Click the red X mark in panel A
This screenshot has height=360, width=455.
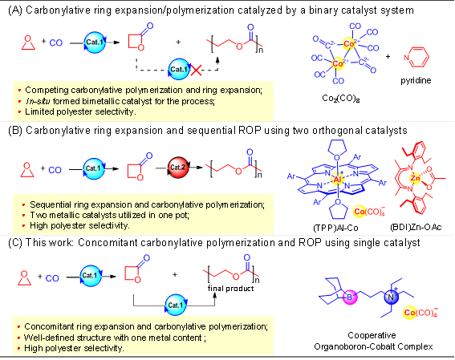[x=196, y=70]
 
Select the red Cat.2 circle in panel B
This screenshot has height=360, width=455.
[x=178, y=168]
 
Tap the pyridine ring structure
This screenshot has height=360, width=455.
[x=416, y=57]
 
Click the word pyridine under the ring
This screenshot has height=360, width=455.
[x=416, y=80]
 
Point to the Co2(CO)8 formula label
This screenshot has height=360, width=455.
[x=341, y=99]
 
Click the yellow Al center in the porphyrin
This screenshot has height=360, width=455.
[x=337, y=180]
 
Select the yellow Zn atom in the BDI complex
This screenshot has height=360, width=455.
[x=415, y=178]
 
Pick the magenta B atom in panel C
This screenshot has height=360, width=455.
[x=350, y=297]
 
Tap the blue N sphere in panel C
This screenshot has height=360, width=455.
[x=391, y=297]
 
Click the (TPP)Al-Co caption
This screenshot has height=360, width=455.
[x=335, y=228]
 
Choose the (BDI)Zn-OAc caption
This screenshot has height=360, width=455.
[x=416, y=227]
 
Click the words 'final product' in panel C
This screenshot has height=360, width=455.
[x=230, y=289]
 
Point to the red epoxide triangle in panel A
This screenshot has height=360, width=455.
[x=28, y=43]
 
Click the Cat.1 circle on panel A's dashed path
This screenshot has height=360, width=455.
[x=179, y=69]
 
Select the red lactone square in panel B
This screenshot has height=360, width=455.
[x=134, y=171]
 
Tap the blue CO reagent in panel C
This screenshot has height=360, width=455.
[x=52, y=278]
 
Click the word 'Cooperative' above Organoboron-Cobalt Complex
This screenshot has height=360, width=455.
[x=372, y=335]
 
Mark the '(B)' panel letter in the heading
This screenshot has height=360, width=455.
[x=15, y=131]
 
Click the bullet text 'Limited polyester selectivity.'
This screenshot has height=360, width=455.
[x=80, y=111]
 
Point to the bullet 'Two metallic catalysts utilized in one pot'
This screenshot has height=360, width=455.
[x=109, y=215]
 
